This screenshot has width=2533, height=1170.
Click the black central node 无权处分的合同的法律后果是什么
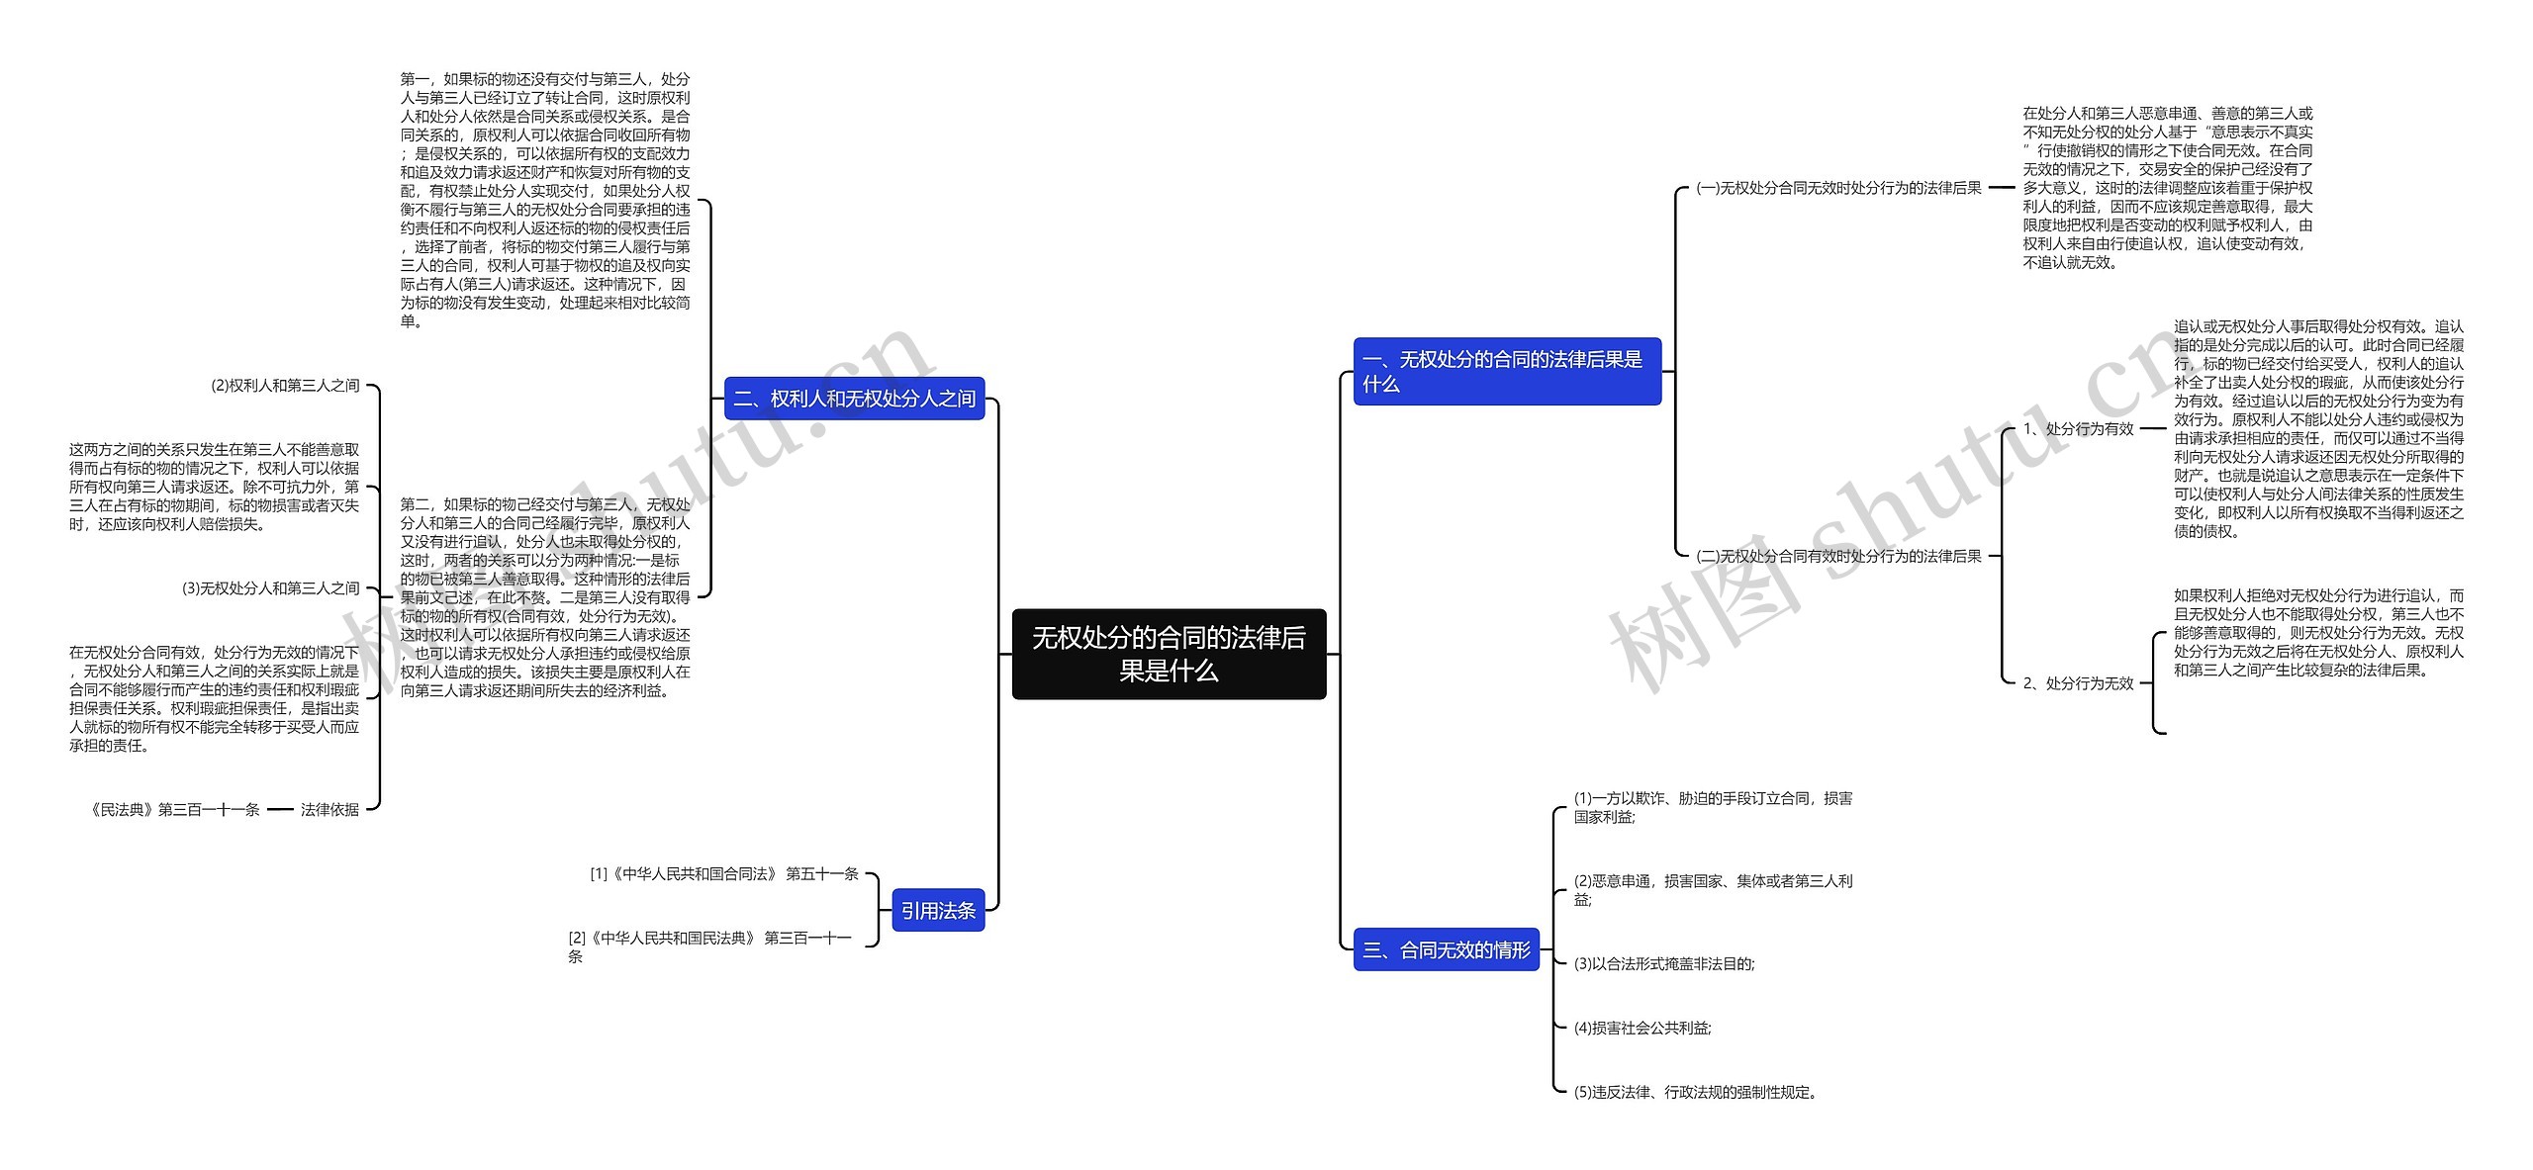coord(1169,654)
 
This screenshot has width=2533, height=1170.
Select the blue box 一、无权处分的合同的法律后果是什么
coord(1506,371)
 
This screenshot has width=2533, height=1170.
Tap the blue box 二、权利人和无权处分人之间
coord(854,399)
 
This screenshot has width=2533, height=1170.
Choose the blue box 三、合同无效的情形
coord(1446,950)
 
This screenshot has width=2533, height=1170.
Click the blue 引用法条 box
coord(937,911)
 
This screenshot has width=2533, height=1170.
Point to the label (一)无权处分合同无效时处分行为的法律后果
coord(1837,188)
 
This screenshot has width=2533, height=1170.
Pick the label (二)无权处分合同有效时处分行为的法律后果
coord(1837,556)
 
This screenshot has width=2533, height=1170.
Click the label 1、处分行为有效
coord(2077,428)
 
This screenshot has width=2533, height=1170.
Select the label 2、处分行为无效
coord(2077,683)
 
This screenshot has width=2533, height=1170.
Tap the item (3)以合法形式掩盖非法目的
coord(1663,963)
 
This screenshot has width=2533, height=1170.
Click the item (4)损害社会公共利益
coord(1642,1028)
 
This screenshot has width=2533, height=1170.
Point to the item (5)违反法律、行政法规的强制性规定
coord(1695,1092)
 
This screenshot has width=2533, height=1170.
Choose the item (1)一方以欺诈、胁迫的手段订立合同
coord(1713,807)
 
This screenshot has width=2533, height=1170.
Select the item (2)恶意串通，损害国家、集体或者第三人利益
coord(1713,889)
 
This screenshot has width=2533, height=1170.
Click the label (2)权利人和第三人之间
coord(285,386)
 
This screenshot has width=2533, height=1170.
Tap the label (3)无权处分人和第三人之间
coord(270,588)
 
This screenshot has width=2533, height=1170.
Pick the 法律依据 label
coord(329,809)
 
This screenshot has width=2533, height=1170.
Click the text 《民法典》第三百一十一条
coord(174,809)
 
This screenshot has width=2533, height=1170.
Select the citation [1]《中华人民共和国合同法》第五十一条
coord(723,873)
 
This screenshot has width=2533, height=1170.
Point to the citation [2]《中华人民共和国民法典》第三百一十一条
coord(709,946)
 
